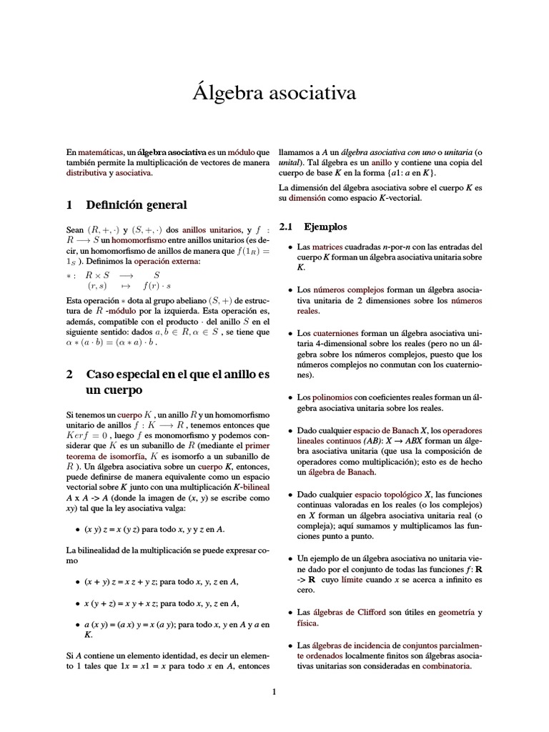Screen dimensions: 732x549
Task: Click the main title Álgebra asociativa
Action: tap(274, 94)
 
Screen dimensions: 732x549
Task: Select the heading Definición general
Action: tap(136, 205)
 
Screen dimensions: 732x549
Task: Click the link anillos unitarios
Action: tap(208, 231)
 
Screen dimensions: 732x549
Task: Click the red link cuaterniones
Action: tap(339, 334)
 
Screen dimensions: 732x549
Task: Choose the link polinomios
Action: tap(332, 397)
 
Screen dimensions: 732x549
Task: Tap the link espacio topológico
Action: tap(388, 495)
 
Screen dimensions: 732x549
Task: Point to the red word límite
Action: tap(355, 580)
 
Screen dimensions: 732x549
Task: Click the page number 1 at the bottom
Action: tap(274, 691)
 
